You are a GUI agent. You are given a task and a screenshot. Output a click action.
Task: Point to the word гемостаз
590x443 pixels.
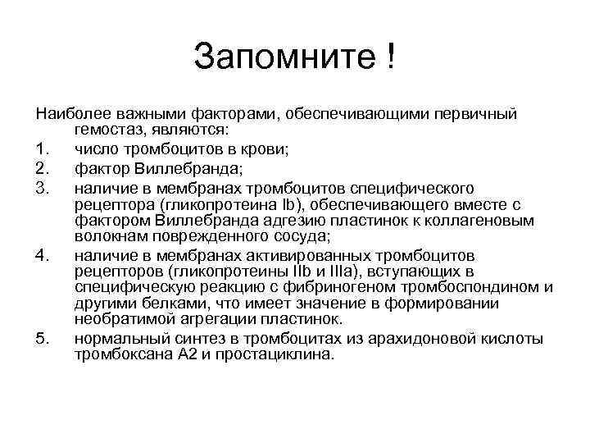coord(106,130)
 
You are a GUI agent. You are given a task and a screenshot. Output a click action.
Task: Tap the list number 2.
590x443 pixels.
coord(41,169)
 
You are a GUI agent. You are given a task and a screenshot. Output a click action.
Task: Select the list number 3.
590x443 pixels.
coord(41,189)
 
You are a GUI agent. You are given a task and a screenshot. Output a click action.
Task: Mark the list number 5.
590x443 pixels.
coord(41,338)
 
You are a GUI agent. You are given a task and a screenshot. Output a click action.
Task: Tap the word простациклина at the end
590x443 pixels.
coord(275,354)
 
